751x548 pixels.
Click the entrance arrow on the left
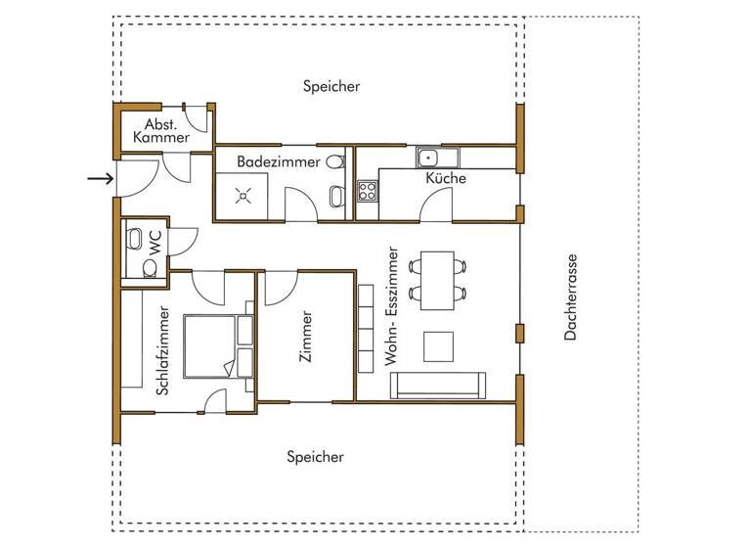(99, 178)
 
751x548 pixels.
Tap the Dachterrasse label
(571, 297)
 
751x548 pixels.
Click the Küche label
(445, 178)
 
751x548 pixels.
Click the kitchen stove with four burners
(368, 189)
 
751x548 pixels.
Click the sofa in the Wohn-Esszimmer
(437, 386)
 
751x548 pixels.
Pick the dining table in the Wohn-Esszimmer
(437, 280)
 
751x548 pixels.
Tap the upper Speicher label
(331, 86)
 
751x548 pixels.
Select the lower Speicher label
(315, 457)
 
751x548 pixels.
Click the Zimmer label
(307, 338)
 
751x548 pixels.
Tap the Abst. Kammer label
(161, 131)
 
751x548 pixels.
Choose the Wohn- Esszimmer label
(393, 307)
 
